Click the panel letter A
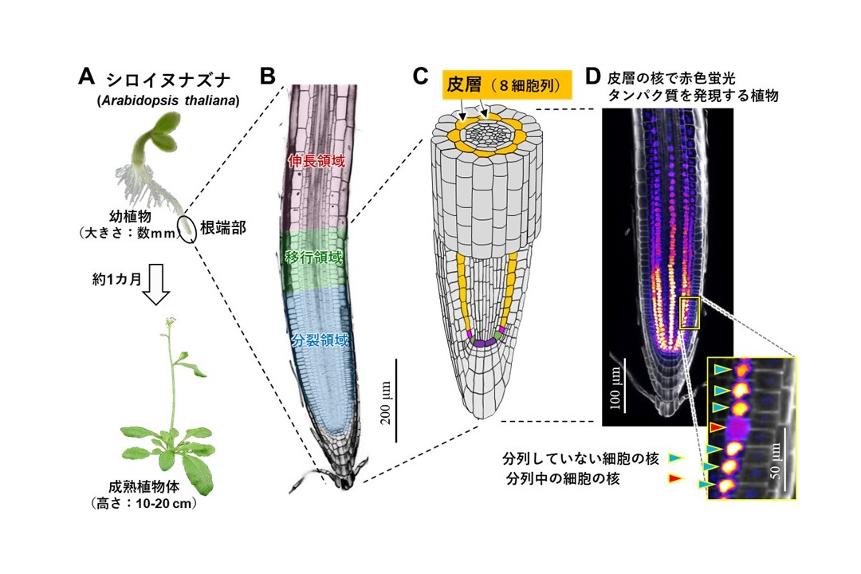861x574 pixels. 86,77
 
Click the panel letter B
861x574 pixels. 267,77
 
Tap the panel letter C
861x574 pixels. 421,77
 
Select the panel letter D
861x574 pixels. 593,77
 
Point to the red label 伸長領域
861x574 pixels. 316,161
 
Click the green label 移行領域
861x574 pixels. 314,257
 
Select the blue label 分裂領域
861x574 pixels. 320,340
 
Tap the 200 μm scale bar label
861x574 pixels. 386,403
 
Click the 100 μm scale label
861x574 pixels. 615,388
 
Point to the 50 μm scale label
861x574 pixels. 776,460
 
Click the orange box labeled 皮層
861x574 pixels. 507,85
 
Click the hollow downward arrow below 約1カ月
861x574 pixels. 156,284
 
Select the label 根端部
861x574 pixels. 223,229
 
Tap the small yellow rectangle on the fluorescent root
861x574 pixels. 690,313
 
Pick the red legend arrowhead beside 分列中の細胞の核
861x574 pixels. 675,479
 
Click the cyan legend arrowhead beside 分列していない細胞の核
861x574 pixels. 676,458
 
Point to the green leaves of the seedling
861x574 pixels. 163,132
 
